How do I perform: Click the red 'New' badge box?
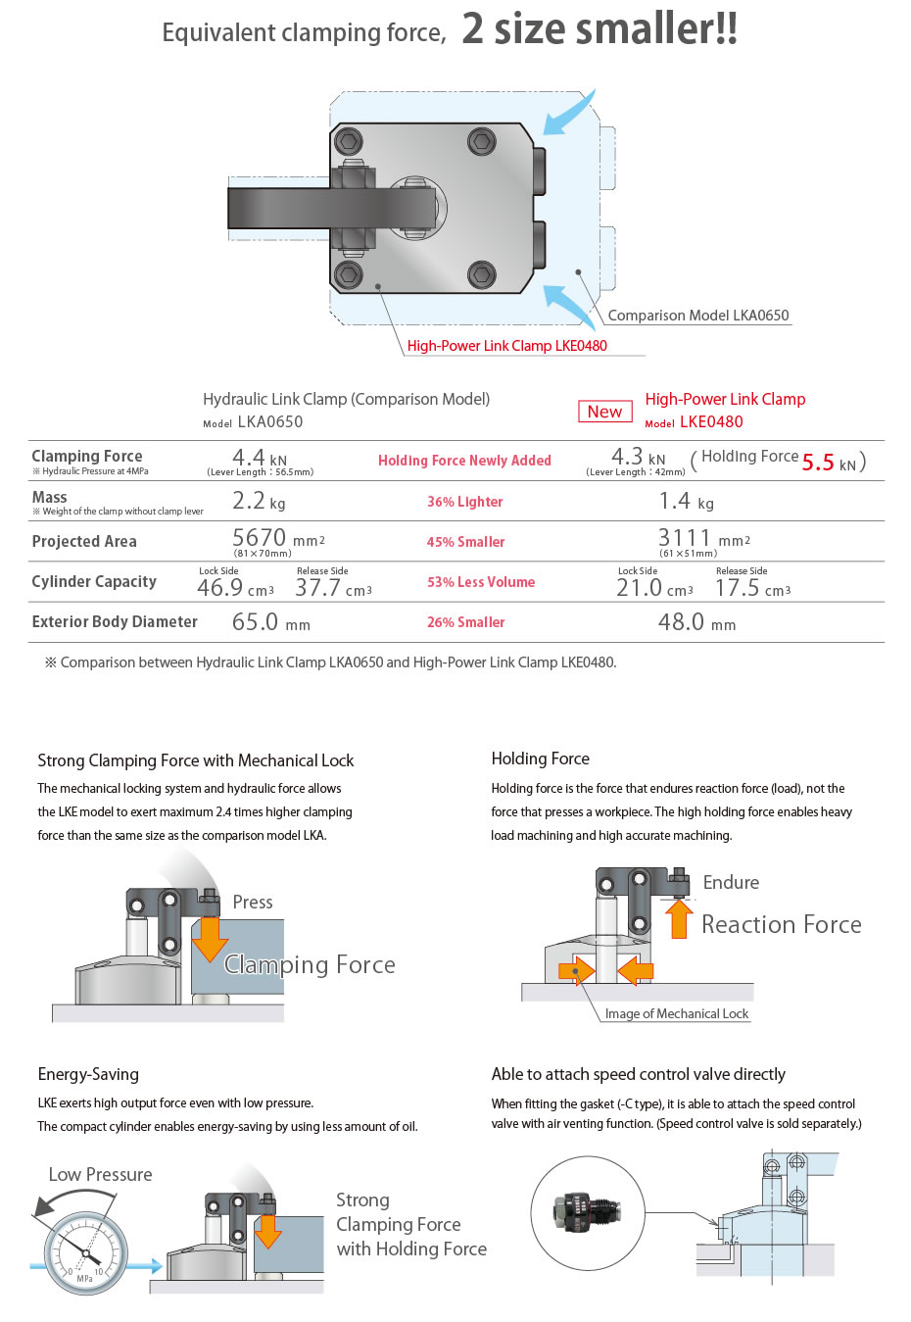(x=604, y=412)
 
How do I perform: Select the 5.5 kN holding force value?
(x=828, y=463)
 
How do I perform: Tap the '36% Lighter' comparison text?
(x=464, y=502)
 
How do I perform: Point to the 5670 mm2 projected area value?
(x=278, y=539)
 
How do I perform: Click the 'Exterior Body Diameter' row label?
(x=115, y=622)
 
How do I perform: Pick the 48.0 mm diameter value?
(x=696, y=622)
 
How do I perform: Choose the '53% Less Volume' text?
(x=481, y=582)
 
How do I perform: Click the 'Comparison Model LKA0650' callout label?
(x=697, y=316)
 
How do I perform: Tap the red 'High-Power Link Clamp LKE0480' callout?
(x=506, y=346)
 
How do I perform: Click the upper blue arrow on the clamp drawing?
(x=569, y=117)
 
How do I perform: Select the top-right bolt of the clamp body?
(x=481, y=143)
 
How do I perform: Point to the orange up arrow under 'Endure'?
(x=678, y=918)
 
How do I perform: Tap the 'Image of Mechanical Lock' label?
(x=676, y=1014)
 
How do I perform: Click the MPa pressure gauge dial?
(x=86, y=1252)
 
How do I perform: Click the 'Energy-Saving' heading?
(x=88, y=1074)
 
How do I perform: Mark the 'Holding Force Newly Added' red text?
(x=464, y=461)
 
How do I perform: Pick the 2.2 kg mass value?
(x=259, y=502)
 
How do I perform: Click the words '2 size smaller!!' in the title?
(x=599, y=29)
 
